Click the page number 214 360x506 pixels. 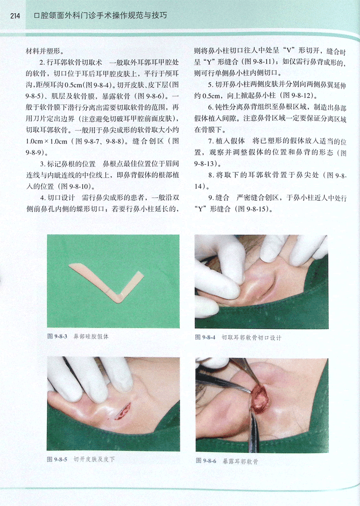[x=15, y=16]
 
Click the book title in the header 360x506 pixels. [x=100, y=16]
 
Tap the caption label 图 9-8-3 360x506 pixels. [x=57, y=336]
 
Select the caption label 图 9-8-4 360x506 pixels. [x=205, y=337]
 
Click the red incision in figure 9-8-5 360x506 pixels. [x=123, y=411]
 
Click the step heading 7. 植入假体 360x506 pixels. [x=226, y=142]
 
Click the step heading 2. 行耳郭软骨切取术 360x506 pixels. [x=71, y=62]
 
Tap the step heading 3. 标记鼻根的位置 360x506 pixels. [x=68, y=164]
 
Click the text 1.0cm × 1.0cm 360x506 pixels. [x=46, y=142]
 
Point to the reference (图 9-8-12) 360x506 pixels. [x=298, y=96]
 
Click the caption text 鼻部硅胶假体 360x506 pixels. [x=91, y=336]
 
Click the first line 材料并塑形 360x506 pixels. [x=45, y=51]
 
